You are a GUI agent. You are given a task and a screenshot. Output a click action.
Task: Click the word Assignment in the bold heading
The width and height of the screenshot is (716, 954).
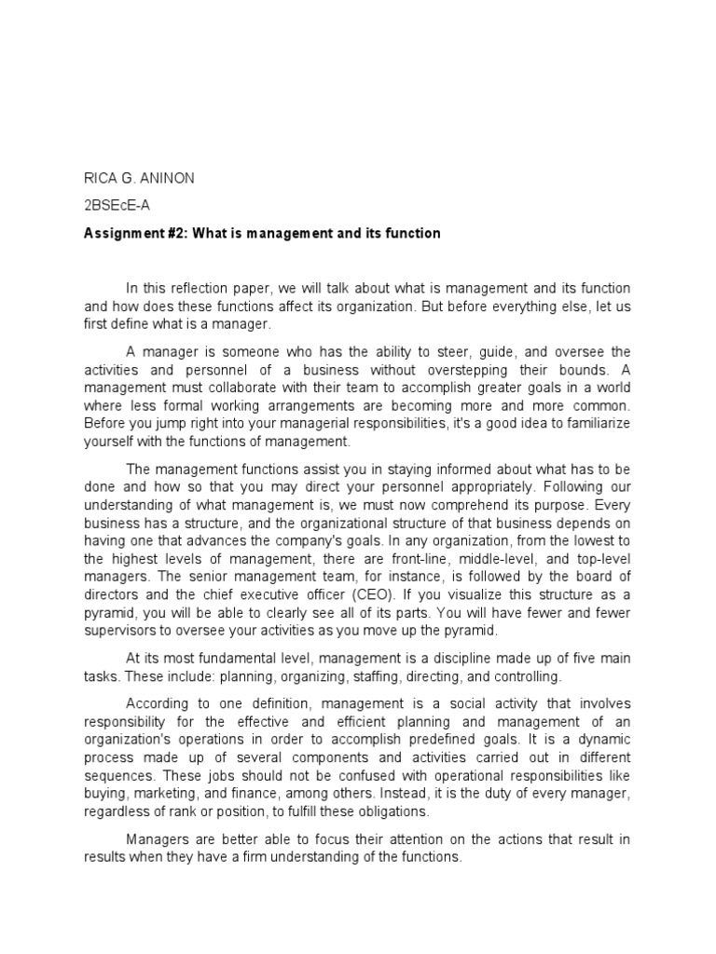click(x=119, y=233)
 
